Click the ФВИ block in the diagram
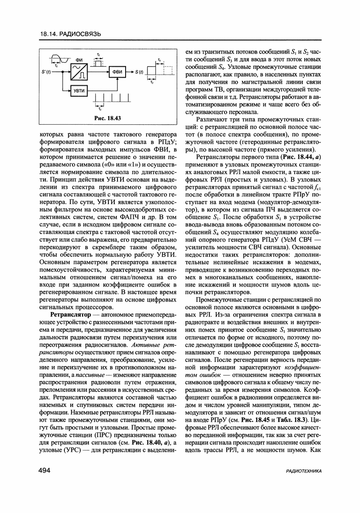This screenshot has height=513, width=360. point(117,72)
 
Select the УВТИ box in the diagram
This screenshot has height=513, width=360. point(80,91)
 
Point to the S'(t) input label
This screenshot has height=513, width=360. point(47,72)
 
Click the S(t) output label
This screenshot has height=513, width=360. point(139,72)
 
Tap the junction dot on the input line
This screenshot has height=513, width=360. point(60,72)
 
